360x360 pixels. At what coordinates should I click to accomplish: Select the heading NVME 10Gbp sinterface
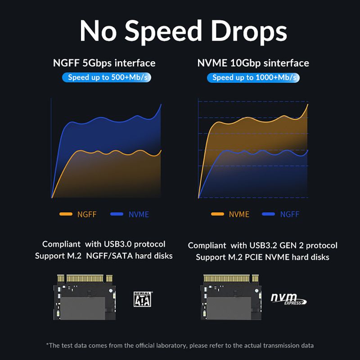click(253, 63)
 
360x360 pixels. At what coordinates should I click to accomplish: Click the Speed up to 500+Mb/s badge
click(106, 77)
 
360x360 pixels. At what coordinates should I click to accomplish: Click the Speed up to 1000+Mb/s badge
click(253, 77)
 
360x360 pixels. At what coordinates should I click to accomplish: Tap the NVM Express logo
click(288, 299)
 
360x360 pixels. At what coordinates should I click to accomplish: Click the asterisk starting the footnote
click(48, 345)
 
